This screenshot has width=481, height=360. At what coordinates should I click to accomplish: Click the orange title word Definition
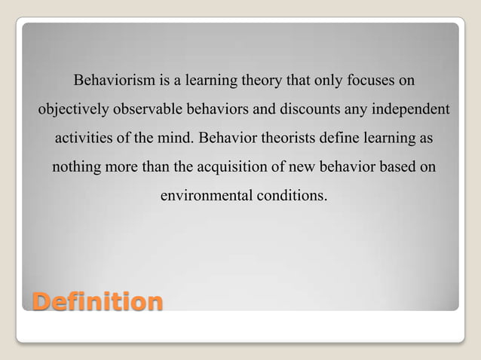click(x=97, y=302)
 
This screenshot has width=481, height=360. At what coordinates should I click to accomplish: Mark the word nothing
click(x=76, y=167)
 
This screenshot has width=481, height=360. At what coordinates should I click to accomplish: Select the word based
click(x=399, y=167)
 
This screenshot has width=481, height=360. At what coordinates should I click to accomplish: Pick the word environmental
click(x=206, y=197)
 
